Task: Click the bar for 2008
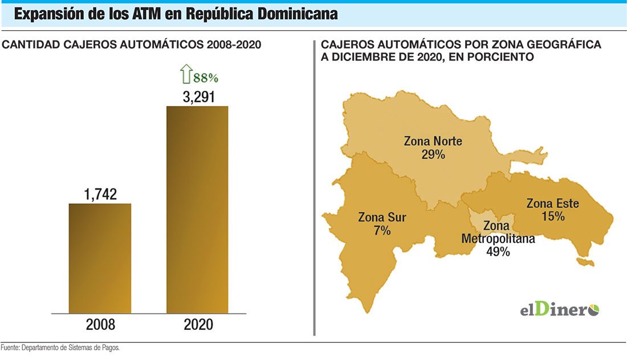[x=100, y=258]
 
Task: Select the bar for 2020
[x=197, y=210]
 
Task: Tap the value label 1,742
[x=100, y=194]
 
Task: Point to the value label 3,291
[x=198, y=97]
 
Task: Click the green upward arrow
[x=185, y=75]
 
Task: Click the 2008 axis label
[x=100, y=325]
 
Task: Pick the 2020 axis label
[x=198, y=325]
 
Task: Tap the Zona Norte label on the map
[x=433, y=141]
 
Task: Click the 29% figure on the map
[x=433, y=154]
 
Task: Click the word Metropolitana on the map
[x=498, y=239]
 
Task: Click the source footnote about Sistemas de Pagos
[x=60, y=347]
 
